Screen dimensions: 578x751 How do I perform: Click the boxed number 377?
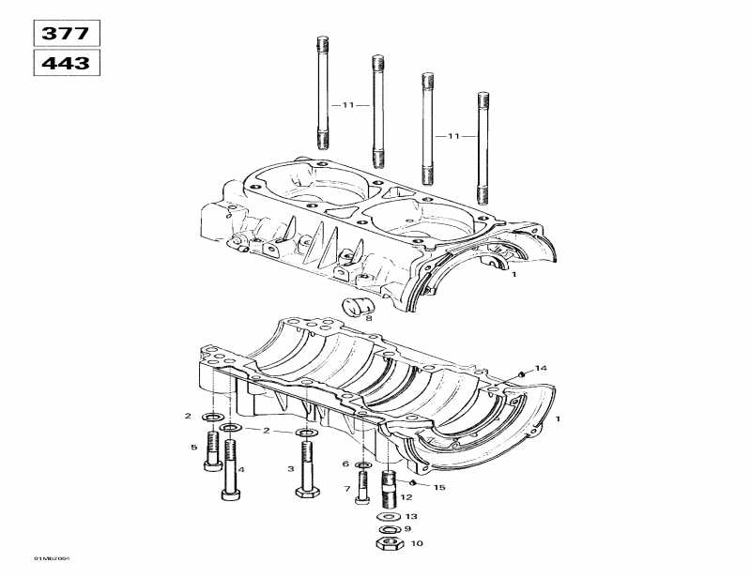pos(67,34)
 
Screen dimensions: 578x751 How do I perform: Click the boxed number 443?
pos(67,64)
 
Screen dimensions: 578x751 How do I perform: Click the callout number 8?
pos(369,319)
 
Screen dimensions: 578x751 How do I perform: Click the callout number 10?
pos(417,543)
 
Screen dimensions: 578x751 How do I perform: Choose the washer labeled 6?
pos(362,464)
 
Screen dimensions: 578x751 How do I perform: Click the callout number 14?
pos(540,367)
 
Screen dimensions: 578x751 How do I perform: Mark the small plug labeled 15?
pos(415,482)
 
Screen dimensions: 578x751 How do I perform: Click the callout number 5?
pos(194,448)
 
